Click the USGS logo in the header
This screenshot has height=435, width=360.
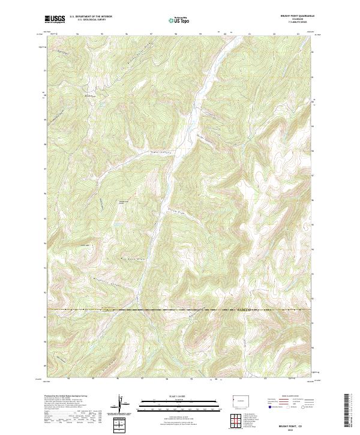point(55,19)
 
